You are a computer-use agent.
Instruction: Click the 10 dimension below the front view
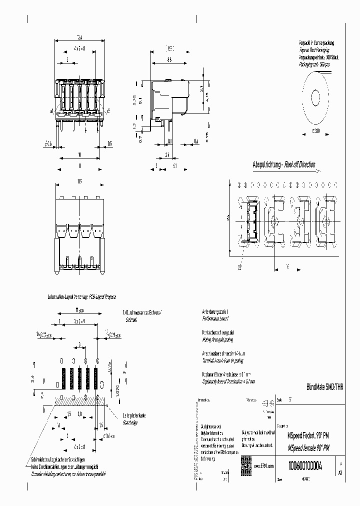79,155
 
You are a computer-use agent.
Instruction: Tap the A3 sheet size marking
340,472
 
